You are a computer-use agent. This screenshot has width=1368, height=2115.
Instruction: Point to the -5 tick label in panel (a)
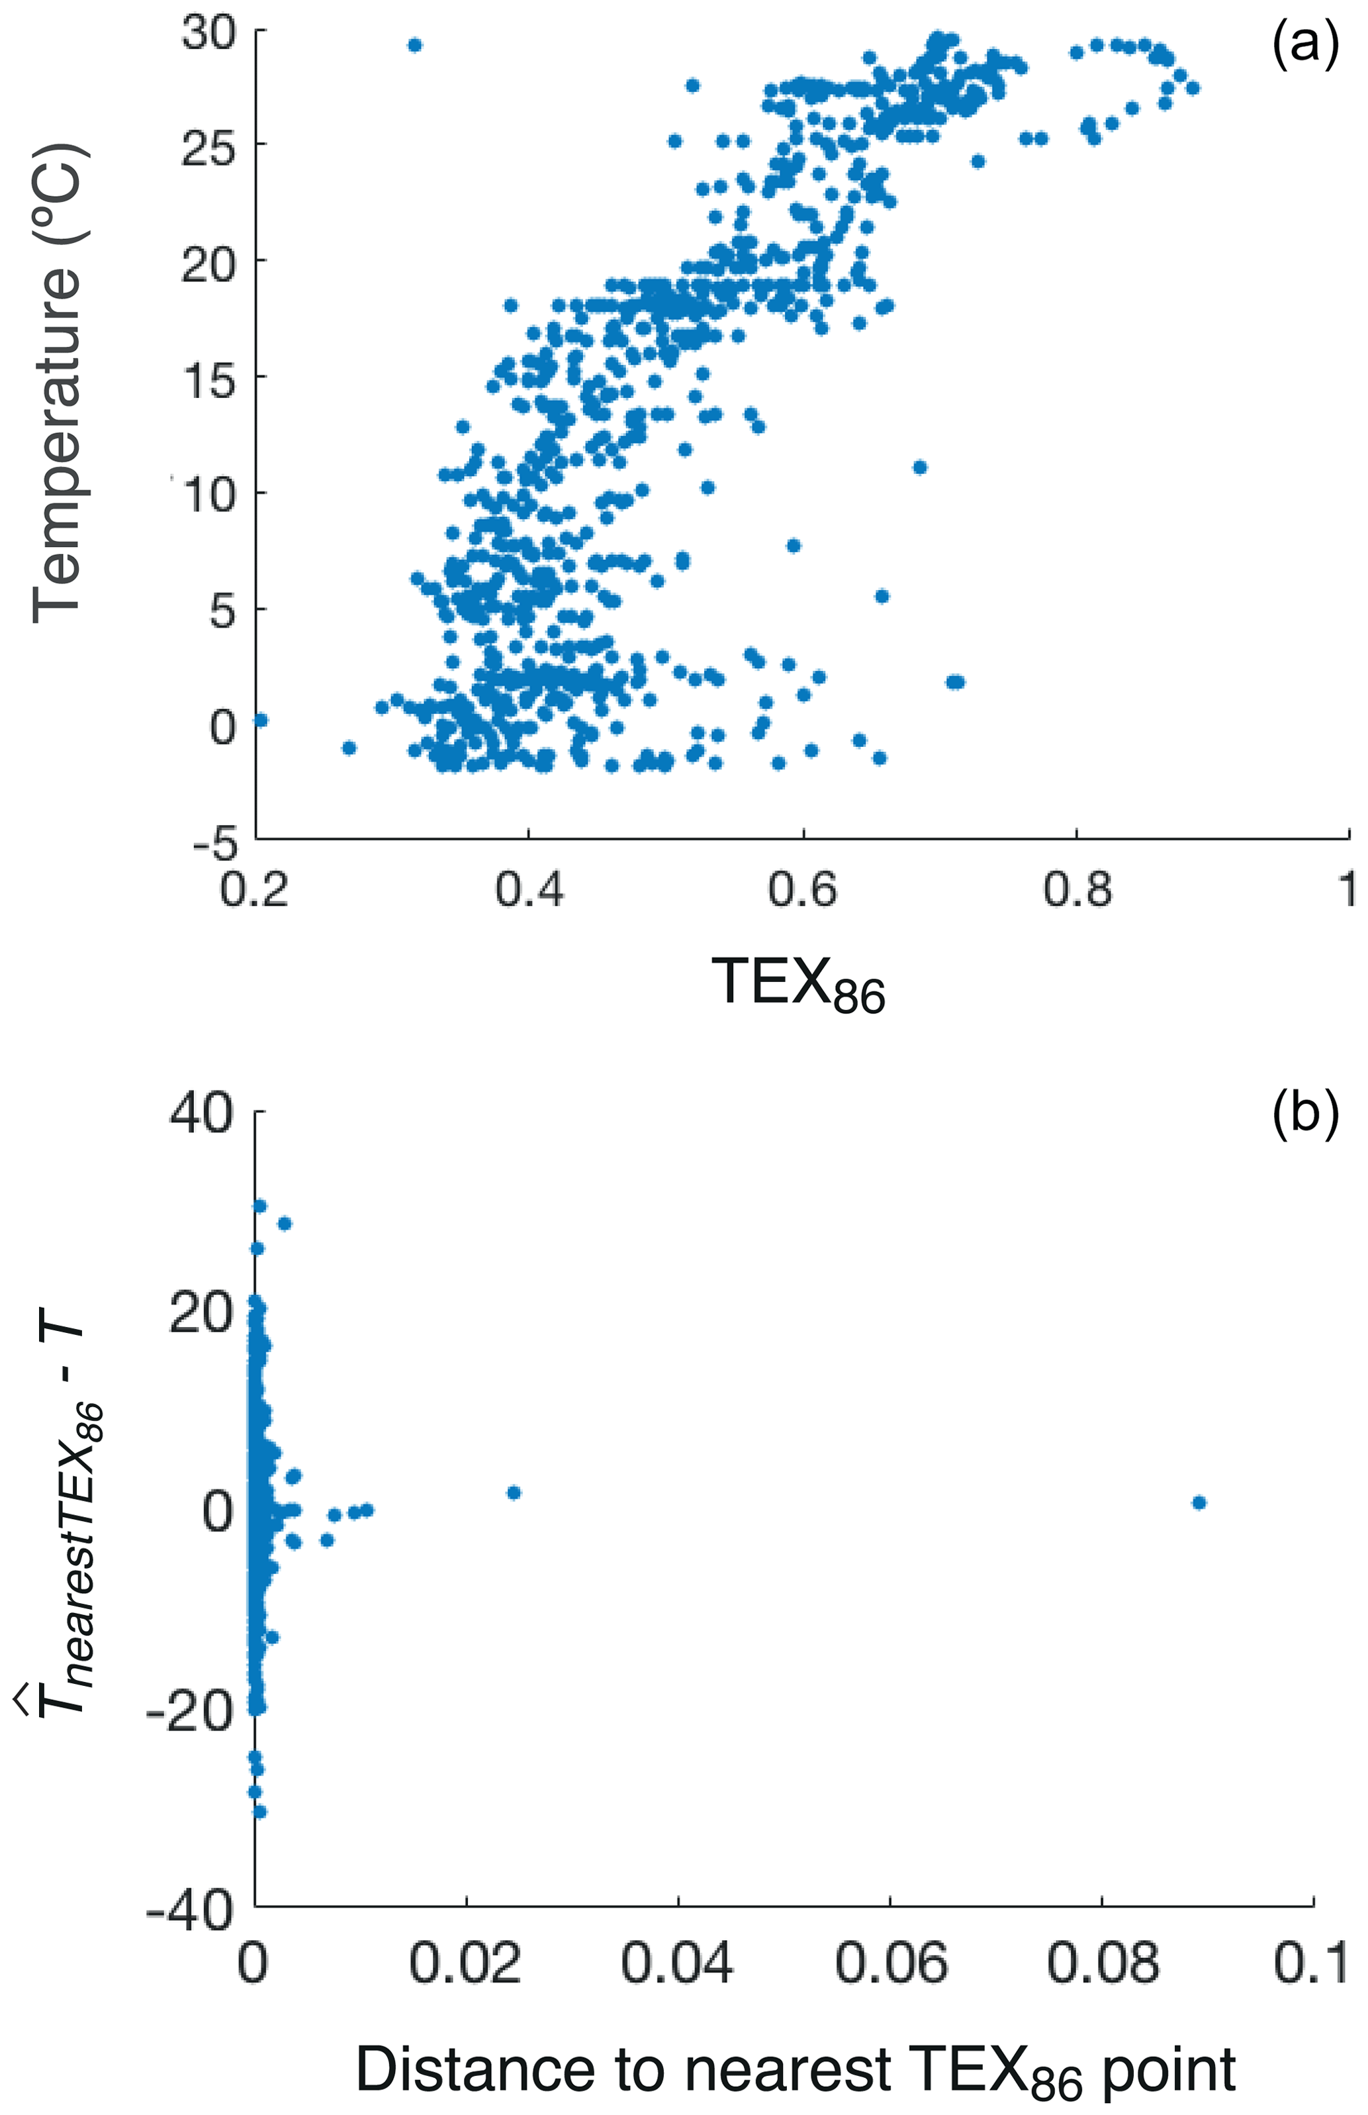pos(216,842)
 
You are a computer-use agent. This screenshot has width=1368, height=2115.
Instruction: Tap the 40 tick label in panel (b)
pos(202,1112)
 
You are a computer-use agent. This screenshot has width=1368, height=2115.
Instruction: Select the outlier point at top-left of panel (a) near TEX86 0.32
pos(415,45)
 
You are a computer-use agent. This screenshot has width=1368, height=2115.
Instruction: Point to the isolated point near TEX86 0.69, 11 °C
pos(919,467)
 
